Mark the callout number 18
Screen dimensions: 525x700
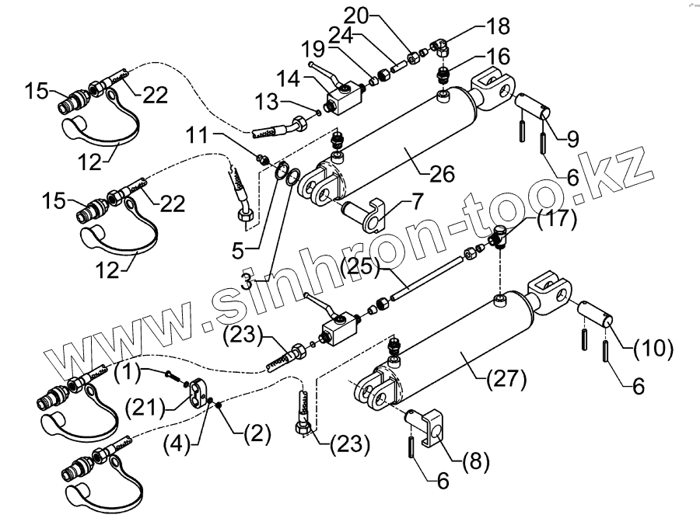(500, 26)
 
